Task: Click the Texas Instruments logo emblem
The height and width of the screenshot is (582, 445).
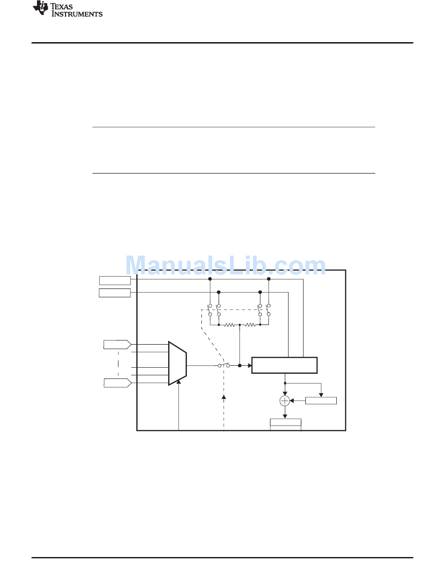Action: [40, 8]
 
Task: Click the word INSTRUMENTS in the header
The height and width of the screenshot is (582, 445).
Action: [77, 14]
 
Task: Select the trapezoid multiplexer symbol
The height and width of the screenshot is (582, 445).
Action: [178, 363]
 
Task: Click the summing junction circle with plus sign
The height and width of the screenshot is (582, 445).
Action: [284, 401]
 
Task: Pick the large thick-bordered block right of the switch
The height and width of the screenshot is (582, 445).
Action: [284, 365]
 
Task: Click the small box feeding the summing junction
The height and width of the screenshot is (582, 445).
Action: [321, 401]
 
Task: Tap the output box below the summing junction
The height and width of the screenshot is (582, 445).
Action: [285, 423]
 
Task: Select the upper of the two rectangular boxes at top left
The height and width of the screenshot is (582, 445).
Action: [115, 280]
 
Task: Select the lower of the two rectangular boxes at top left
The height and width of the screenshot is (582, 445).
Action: [115, 293]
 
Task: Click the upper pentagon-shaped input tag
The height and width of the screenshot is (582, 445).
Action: [118, 344]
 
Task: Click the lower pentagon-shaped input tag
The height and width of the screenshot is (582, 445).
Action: [118, 383]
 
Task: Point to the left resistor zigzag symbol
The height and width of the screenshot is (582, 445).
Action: [229, 325]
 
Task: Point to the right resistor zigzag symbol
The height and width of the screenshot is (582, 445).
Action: [250, 325]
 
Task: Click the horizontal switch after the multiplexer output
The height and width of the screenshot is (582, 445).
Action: [224, 365]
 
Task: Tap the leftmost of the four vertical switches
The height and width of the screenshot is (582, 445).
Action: [210, 310]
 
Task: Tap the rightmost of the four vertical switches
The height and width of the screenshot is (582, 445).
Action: [268, 310]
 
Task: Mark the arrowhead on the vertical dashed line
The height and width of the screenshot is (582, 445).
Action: [224, 397]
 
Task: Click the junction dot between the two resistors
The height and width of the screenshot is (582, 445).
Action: [240, 325]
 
